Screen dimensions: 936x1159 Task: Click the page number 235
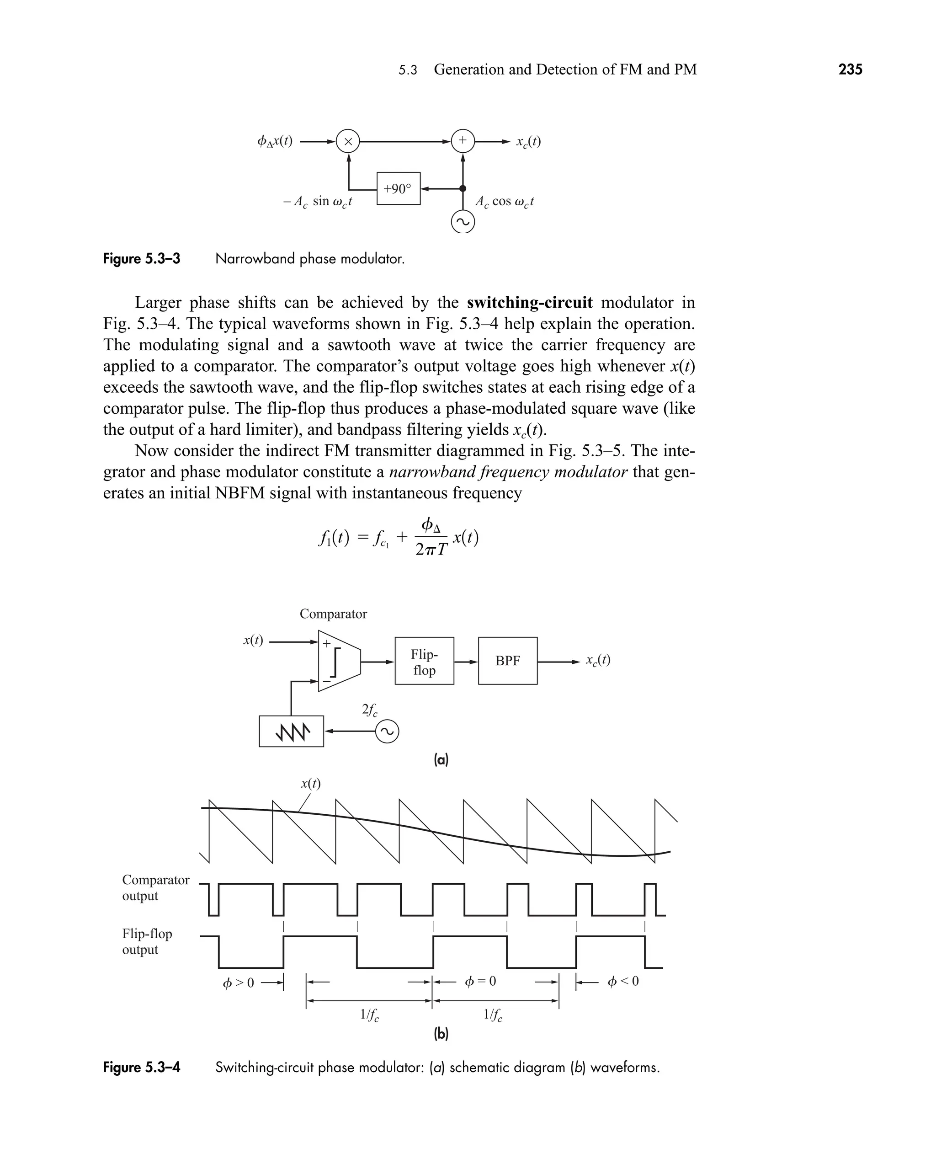850,69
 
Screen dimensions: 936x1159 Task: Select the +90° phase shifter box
398,189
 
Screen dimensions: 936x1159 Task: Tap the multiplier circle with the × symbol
348,142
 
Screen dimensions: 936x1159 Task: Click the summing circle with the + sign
463,141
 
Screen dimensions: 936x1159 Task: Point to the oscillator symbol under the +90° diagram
463,222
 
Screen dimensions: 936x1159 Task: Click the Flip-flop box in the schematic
424,661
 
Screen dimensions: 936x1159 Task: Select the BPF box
507,661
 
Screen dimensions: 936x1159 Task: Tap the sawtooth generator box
291,732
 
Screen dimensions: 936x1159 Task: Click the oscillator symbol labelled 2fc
387,732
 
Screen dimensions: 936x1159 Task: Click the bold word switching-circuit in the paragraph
529,303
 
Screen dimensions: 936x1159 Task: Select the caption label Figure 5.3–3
142,259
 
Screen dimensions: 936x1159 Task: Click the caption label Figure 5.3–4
142,1067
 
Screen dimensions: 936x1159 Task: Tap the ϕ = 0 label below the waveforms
480,982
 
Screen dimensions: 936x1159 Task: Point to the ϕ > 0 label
238,983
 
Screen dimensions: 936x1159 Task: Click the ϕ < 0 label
623,982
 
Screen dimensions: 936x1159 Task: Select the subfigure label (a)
441,760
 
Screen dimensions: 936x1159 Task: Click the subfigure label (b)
441,1033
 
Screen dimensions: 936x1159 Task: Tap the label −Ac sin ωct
318,202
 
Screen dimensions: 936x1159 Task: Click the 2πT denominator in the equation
431,549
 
